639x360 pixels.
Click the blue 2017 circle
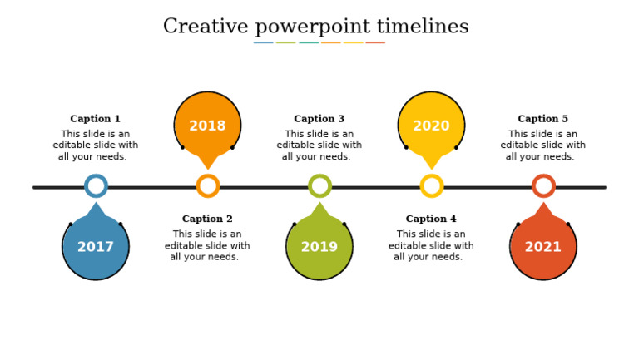(96, 246)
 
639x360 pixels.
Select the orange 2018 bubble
(207, 126)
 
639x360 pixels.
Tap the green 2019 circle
(319, 246)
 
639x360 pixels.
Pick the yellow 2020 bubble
(431, 126)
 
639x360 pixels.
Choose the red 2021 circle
(543, 246)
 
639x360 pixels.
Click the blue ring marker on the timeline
(96, 186)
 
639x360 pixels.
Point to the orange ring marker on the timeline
(208, 186)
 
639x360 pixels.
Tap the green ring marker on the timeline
(319, 186)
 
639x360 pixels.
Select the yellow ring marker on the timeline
(432, 186)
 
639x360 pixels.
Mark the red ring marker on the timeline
(543, 186)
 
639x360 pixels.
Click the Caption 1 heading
(95, 119)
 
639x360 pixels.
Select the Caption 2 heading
(207, 219)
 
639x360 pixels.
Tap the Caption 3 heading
(319, 119)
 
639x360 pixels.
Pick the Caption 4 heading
(431, 219)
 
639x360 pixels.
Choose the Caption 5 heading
(542, 119)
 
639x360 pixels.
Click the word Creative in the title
(201, 27)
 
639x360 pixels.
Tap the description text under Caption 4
(431, 246)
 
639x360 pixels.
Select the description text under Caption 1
(95, 145)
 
